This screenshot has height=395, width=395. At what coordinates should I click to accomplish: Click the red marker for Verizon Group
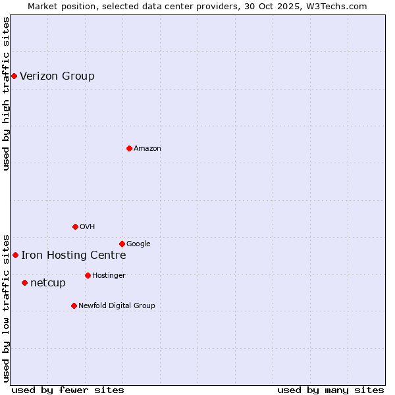pyautogui.click(x=14, y=76)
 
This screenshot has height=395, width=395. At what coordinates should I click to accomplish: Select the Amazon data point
pyautogui.click(x=129, y=148)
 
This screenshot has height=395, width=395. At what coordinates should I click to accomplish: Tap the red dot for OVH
pyautogui.click(x=75, y=226)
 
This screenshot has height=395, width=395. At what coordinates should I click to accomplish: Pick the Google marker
pyautogui.click(x=122, y=244)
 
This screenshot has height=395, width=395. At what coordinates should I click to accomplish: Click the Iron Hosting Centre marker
pyautogui.click(x=15, y=255)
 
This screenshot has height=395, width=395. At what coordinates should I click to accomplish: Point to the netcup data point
pyautogui.click(x=24, y=282)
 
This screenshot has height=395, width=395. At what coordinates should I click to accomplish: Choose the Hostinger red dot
pyautogui.click(x=88, y=275)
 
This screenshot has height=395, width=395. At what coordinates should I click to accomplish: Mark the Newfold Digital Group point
pyautogui.click(x=74, y=305)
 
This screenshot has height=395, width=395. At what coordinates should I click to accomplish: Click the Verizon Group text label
pyautogui.click(x=57, y=76)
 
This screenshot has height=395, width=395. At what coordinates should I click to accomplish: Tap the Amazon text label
pyautogui.click(x=147, y=149)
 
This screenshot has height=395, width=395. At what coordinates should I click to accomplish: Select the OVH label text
pyautogui.click(x=88, y=227)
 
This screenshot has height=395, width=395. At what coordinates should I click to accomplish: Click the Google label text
pyautogui.click(x=138, y=244)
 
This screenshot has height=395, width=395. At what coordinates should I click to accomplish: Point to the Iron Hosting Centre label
pyautogui.click(x=73, y=255)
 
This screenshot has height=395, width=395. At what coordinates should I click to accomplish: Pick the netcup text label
pyautogui.click(x=48, y=283)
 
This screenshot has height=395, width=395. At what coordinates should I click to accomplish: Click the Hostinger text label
pyautogui.click(x=109, y=276)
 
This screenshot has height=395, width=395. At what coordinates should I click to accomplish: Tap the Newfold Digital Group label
pyautogui.click(x=117, y=306)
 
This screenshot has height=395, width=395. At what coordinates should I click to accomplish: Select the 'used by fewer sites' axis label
pyautogui.click(x=68, y=390)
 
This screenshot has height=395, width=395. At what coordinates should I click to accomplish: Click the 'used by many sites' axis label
pyautogui.click(x=330, y=390)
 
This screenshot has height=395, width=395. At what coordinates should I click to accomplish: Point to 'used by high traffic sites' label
pyautogui.click(x=6, y=93)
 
